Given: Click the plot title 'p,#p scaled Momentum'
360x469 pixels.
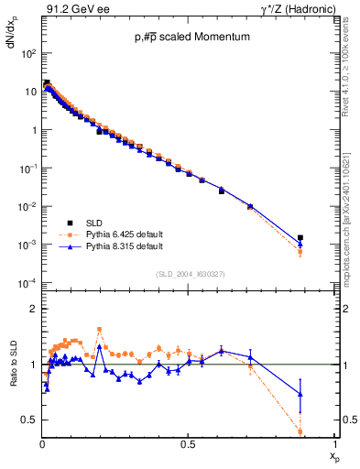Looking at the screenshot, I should point(191,38).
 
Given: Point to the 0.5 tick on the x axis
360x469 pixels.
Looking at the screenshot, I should point(189,444).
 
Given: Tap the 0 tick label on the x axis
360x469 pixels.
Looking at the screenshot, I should point(42,444).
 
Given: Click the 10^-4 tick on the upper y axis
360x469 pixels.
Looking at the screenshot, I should point(28,282).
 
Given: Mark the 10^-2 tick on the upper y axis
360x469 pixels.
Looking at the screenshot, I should point(28,206).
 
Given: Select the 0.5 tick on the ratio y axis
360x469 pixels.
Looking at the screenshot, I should point(30,420).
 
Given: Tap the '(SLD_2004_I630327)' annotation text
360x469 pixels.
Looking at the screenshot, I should point(191,273).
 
